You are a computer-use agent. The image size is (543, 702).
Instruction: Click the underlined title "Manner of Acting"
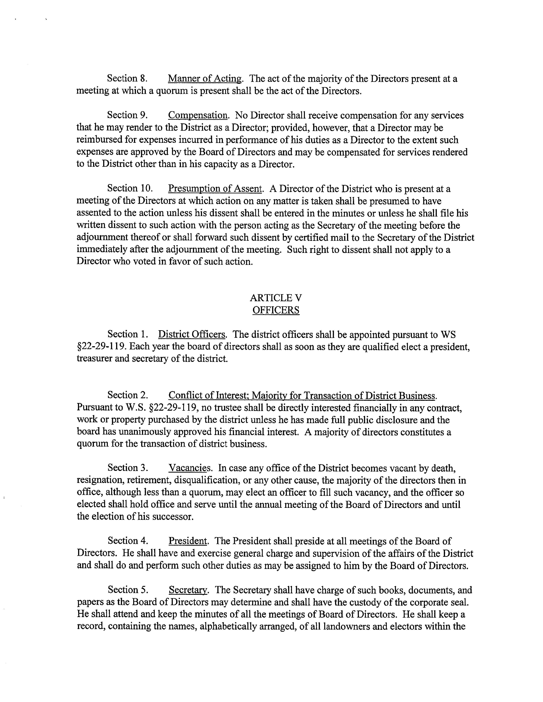coord(205,79)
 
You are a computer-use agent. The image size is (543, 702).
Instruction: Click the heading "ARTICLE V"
coord(276,298)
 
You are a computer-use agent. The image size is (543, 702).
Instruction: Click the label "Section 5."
coord(128,590)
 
